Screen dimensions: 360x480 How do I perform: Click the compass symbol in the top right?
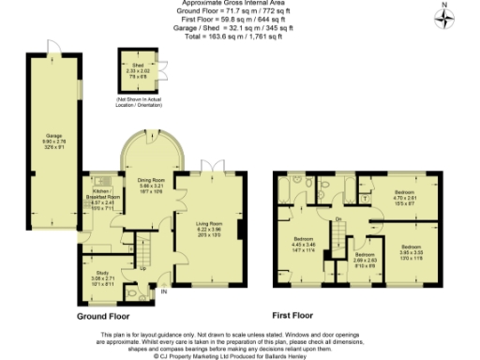(446, 16)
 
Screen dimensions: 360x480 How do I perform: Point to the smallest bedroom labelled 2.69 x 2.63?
(365, 259)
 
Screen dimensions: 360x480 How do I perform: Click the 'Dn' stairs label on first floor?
(337, 221)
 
